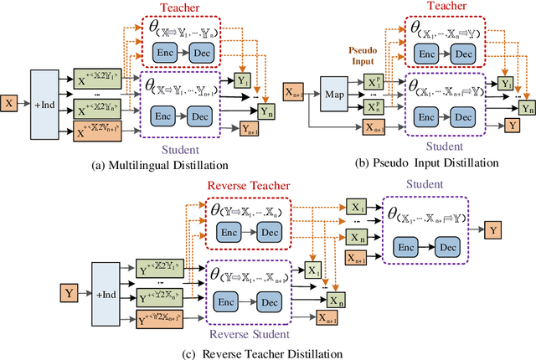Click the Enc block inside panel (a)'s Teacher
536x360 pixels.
[165, 52]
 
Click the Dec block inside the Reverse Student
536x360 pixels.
[268, 300]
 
